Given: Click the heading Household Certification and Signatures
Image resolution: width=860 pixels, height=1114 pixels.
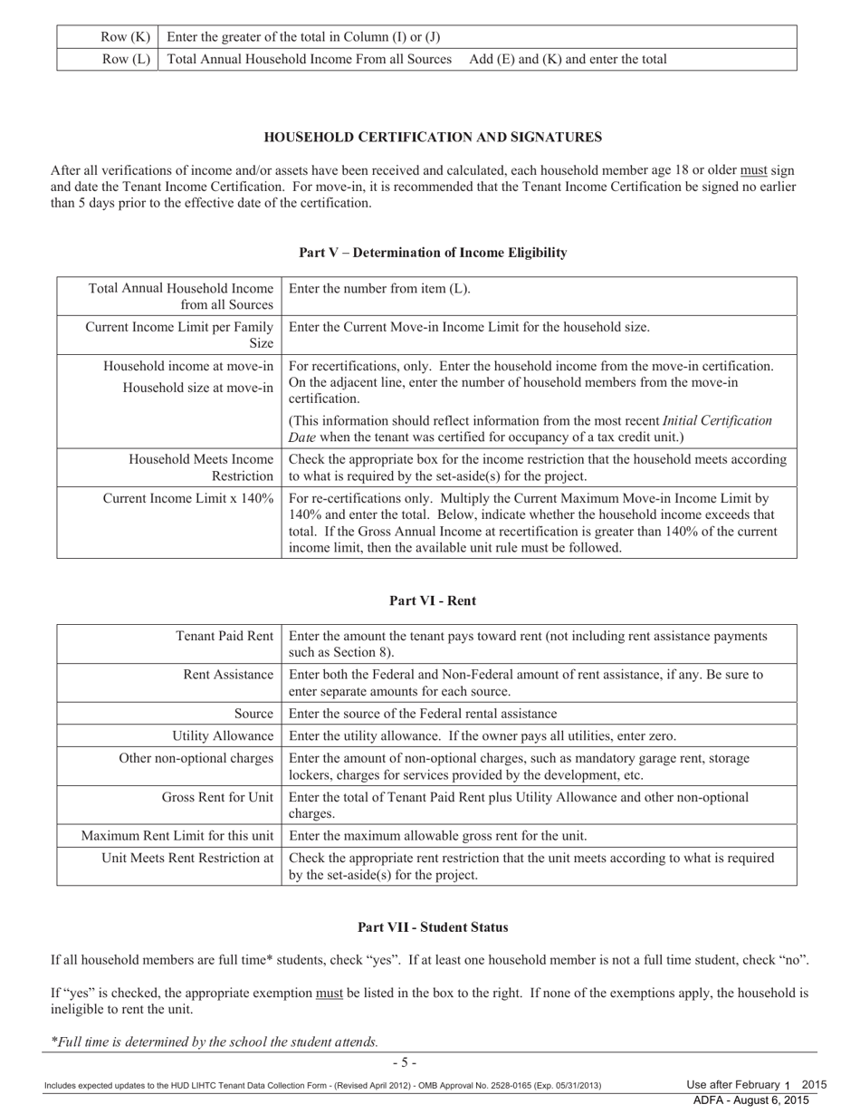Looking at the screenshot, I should tap(432, 138).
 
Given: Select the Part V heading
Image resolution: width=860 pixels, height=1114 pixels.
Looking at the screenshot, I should tap(433, 253).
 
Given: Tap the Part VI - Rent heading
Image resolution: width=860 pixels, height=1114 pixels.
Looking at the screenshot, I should tap(433, 600).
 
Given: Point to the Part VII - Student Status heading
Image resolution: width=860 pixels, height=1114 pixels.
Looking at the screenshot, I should tap(433, 927).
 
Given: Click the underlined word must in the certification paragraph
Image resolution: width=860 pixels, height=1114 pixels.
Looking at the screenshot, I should tap(753, 170).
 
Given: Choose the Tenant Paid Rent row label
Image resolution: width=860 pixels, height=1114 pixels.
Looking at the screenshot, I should tap(224, 637).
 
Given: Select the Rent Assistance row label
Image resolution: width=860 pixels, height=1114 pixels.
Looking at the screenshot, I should tap(228, 675).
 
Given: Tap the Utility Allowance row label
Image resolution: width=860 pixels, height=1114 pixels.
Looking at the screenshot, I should tap(223, 735).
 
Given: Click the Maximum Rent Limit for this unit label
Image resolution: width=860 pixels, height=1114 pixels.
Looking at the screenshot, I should tap(177, 835).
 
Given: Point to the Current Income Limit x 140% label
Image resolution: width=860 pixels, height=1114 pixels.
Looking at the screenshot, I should tap(188, 498).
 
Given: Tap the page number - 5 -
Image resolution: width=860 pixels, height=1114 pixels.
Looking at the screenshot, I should tap(404, 1062).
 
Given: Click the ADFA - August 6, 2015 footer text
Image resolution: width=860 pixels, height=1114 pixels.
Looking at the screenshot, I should tap(750, 1100).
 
